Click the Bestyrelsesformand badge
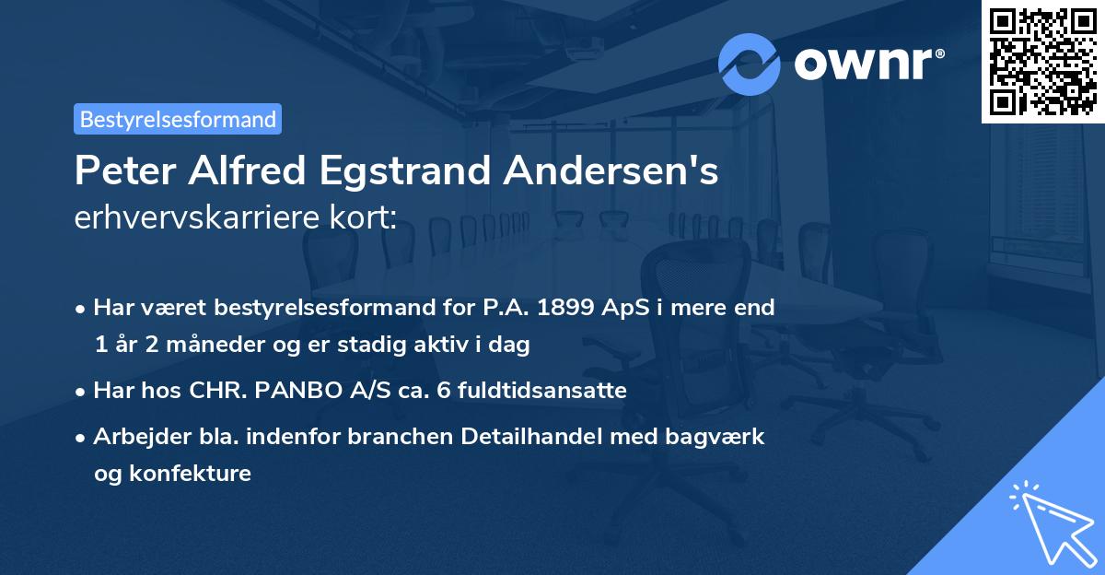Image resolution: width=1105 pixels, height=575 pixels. click(178, 119)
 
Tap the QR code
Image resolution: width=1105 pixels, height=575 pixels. click(1043, 61)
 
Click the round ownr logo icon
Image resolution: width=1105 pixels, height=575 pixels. click(750, 65)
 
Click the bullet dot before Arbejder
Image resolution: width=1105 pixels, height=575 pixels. click(82, 438)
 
